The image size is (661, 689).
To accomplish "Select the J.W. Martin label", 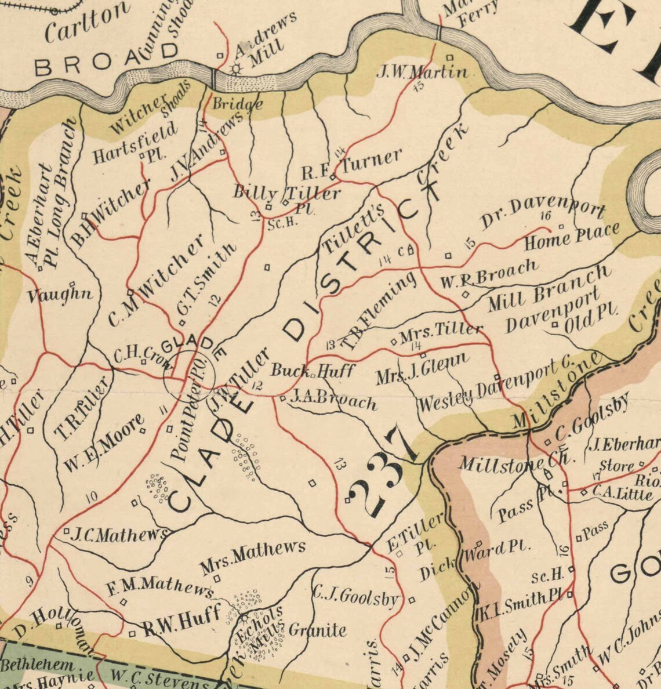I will pyautogui.click(x=422, y=72).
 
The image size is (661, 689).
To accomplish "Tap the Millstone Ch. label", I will pyautogui.click(x=511, y=462).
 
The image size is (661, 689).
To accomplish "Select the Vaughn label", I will pyautogui.click(x=60, y=295).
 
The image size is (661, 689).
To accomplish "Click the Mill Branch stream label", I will pyautogui.click(x=549, y=288).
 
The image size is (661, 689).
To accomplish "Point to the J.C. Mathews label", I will pyautogui.click(x=119, y=535).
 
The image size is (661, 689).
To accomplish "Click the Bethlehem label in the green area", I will pyautogui.click(x=38, y=664).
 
